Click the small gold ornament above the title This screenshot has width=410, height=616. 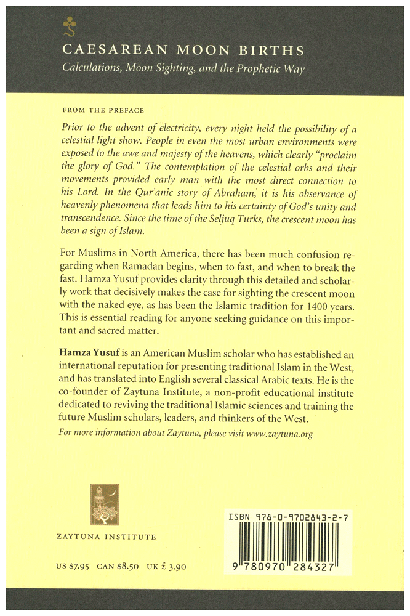tap(67, 25)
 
